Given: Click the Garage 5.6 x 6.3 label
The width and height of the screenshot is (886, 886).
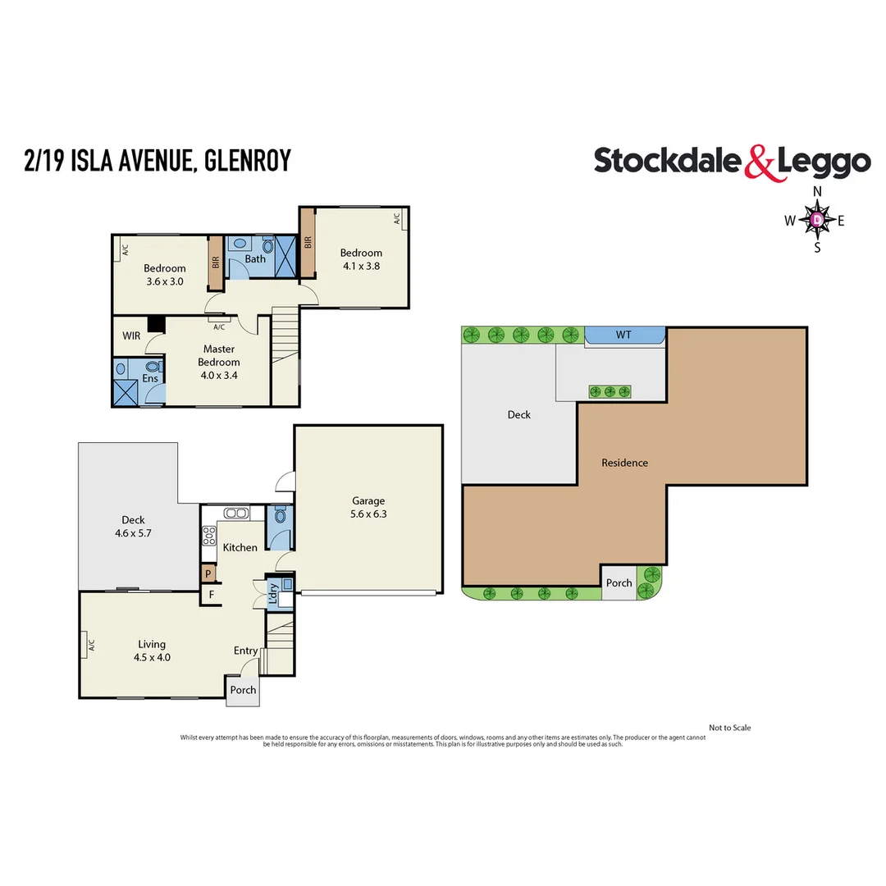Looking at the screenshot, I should point(368,508).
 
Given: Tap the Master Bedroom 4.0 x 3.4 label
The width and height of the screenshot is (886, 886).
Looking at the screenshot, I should point(220,362).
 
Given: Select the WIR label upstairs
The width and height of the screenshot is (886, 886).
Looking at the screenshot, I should point(131,336).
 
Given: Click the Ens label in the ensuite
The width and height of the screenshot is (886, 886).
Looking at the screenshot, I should point(151,378).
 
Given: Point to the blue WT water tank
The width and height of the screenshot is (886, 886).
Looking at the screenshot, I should point(624,335).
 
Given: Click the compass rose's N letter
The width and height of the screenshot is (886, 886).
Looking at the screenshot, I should point(817,192).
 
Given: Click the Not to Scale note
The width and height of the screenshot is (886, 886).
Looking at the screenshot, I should point(729,728).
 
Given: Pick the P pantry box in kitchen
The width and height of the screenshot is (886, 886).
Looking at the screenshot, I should point(208,573).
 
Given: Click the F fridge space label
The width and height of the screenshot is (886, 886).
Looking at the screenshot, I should point(211,595).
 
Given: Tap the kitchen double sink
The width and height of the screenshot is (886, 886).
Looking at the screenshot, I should point(236,514).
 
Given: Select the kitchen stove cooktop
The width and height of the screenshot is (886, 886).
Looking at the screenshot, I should point(208,536).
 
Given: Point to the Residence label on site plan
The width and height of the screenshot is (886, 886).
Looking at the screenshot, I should point(624,463).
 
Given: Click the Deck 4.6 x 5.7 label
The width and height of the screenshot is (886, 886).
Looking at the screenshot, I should point(133,526).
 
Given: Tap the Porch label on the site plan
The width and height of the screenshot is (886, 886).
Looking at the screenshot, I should point(619,583).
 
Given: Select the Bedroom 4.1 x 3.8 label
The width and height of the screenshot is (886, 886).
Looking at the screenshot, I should point(361,259).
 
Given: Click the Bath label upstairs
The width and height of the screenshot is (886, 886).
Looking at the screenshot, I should point(255,259).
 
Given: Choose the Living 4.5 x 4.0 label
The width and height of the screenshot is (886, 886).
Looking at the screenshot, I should point(152,651).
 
